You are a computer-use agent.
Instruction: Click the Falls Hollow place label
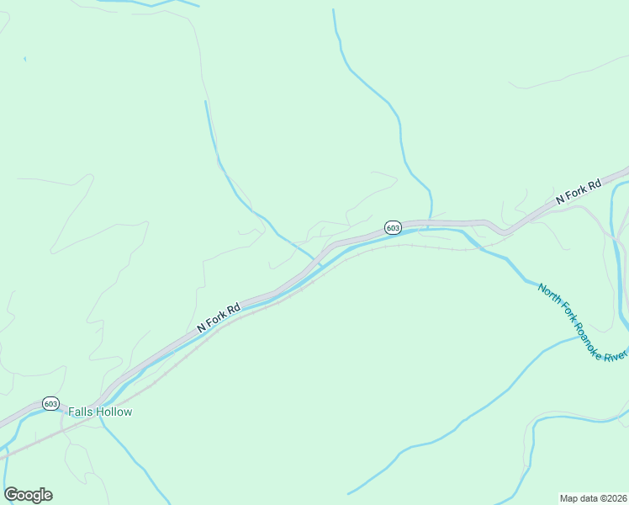click(x=100, y=412)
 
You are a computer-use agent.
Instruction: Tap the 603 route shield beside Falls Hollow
click(x=51, y=404)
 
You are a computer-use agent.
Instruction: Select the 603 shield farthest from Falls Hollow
click(x=394, y=227)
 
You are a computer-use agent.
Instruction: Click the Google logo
click(x=28, y=495)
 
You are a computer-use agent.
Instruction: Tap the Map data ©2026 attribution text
click(x=593, y=497)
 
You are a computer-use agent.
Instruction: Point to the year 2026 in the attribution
click(x=616, y=497)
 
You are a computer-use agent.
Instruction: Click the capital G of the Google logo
click(x=11, y=494)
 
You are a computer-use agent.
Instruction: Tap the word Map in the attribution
click(x=569, y=497)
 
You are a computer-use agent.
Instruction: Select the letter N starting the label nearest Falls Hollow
click(x=201, y=327)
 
